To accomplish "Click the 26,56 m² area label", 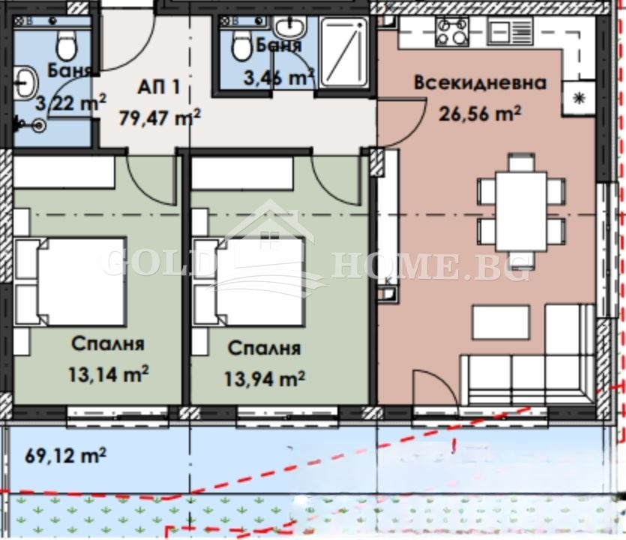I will tap(479, 113).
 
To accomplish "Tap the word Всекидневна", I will tap(480, 82).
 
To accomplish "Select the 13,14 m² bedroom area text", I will tap(108, 372).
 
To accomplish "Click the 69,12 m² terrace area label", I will tap(65, 454).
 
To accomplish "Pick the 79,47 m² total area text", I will tap(160, 117).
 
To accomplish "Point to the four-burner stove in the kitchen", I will tap(453, 32).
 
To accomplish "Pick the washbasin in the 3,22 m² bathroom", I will tap(27, 81).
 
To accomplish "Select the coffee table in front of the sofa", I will tap(501, 322).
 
